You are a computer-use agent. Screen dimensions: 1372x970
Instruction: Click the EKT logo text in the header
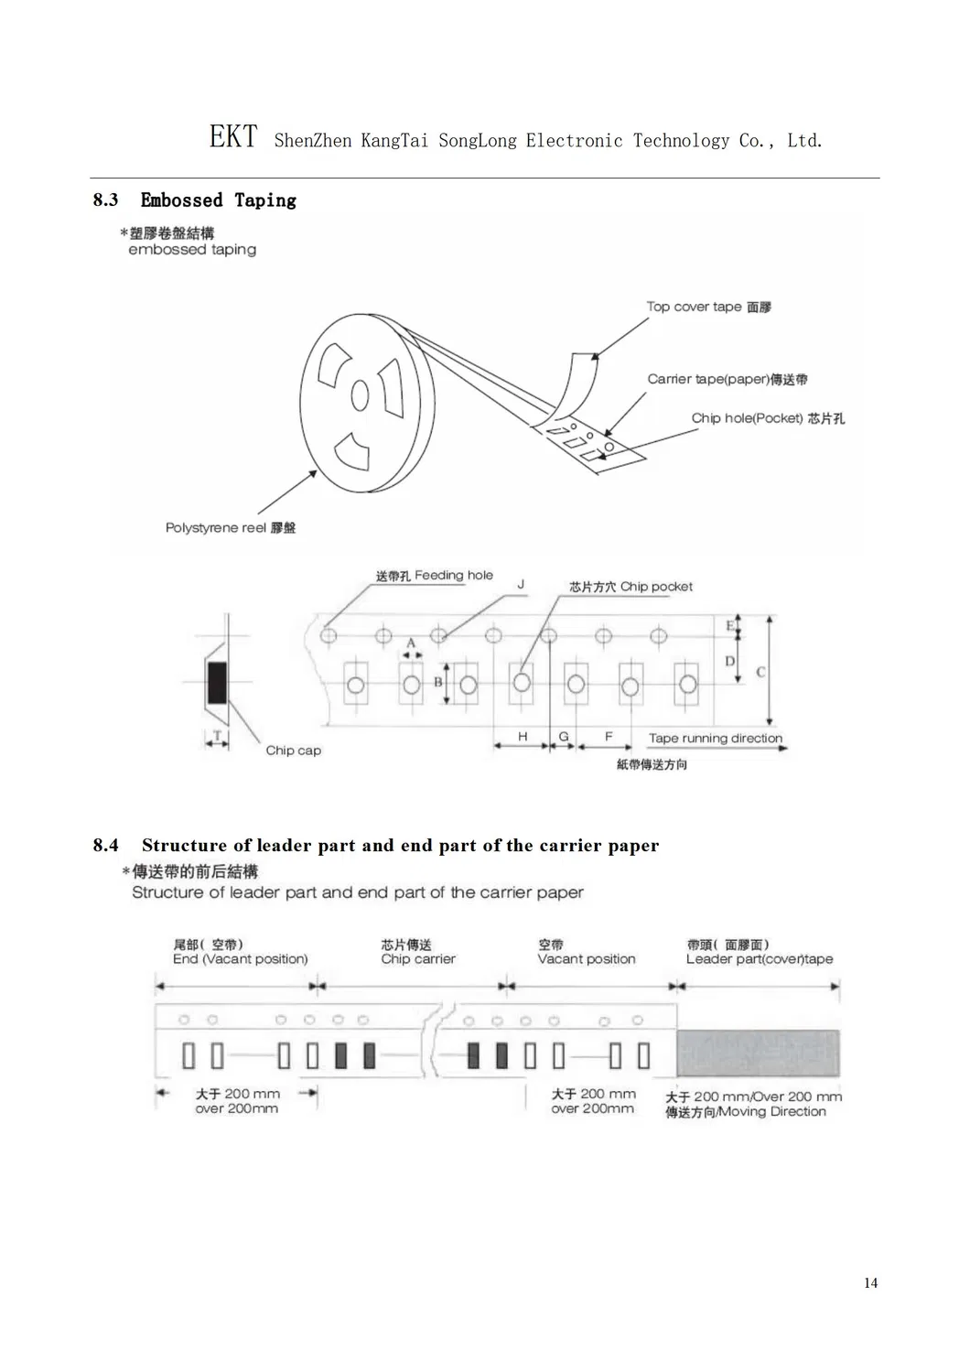click(232, 137)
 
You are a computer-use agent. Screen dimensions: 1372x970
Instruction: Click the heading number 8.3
click(105, 200)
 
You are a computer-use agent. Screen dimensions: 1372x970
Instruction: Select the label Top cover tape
click(694, 307)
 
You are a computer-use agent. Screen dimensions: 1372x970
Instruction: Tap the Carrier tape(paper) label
click(708, 379)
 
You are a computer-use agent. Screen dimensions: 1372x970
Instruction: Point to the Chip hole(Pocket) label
click(747, 418)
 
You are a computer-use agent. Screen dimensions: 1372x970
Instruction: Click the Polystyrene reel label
click(216, 528)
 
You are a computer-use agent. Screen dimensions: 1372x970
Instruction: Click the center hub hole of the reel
click(361, 396)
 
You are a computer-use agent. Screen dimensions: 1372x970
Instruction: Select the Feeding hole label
click(453, 576)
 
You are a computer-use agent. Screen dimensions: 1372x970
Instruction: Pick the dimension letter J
click(522, 584)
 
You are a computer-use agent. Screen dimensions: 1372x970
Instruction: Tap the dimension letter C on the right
click(760, 672)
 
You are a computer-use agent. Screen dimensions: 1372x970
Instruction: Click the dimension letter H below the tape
click(523, 736)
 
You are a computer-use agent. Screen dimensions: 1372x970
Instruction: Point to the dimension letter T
click(217, 735)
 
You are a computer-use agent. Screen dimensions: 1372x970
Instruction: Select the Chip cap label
click(293, 751)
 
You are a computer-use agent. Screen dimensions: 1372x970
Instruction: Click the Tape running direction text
click(716, 738)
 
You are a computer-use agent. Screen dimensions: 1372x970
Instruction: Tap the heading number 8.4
click(105, 846)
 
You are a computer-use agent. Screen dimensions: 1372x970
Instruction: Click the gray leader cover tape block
click(758, 1053)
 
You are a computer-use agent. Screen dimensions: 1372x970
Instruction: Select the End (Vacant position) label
click(240, 959)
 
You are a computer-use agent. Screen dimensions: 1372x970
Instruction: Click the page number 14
click(870, 1283)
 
